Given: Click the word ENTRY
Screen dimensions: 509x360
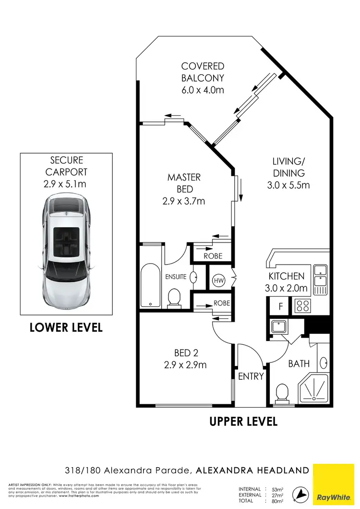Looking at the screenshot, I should tap(251, 376).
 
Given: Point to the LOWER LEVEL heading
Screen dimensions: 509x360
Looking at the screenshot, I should tap(66, 328).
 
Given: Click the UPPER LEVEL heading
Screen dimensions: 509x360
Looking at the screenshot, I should tap(243, 422).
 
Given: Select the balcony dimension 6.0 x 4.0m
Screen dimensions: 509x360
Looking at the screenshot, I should tap(203, 90).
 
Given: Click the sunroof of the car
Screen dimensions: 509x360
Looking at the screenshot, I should tap(66, 236).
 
